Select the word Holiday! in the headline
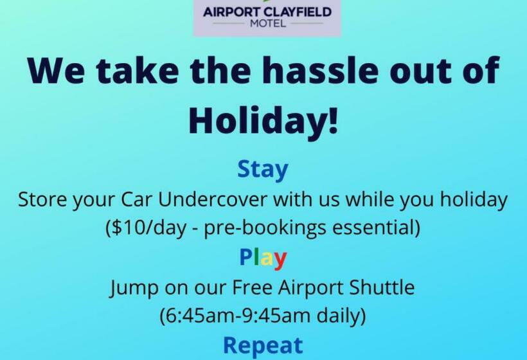[x=263, y=120]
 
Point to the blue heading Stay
[x=263, y=170]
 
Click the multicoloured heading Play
[x=263, y=258]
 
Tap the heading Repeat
[x=263, y=345]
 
